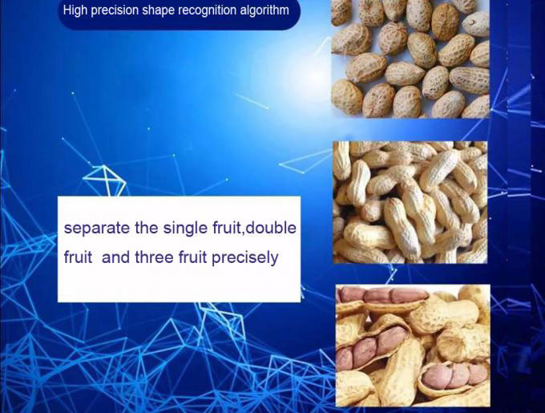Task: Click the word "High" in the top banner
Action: [75, 10]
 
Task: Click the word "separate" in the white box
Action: [97, 229]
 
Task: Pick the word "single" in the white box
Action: [186, 229]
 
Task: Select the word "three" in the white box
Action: [153, 257]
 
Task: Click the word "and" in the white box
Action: [115, 257]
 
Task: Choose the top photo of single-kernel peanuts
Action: [410, 59]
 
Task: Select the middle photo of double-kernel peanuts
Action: [410, 202]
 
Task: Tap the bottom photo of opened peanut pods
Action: [413, 346]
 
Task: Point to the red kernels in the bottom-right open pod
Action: [454, 375]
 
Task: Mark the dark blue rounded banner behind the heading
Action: [179, 14]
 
